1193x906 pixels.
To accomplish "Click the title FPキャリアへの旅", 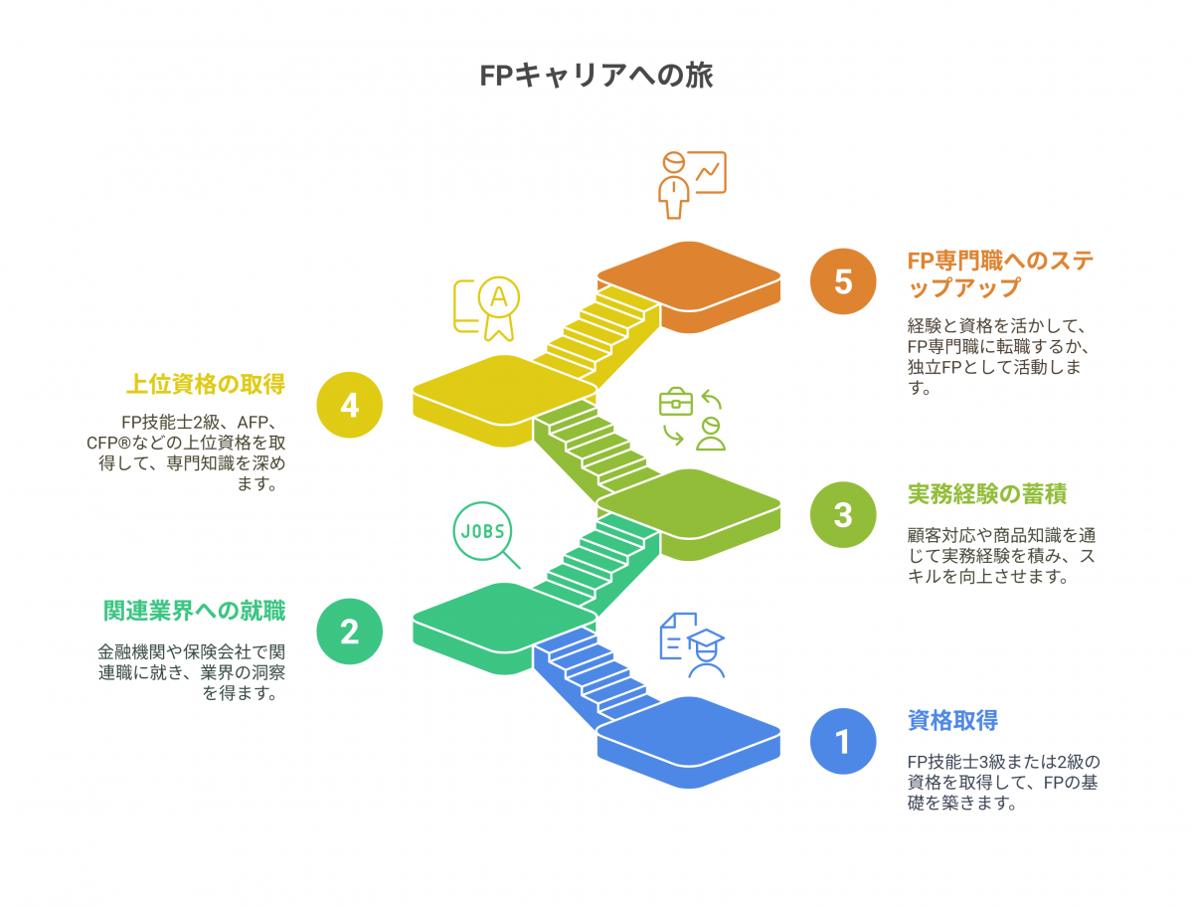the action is (x=596, y=75).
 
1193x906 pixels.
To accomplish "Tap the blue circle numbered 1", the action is (x=842, y=741).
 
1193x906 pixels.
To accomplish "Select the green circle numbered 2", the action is (x=350, y=631).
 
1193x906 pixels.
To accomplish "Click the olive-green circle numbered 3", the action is (x=842, y=514).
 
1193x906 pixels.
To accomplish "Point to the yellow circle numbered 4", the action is (x=350, y=405).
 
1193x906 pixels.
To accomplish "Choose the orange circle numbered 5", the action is (x=842, y=281).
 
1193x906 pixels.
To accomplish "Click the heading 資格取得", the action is (x=952, y=720).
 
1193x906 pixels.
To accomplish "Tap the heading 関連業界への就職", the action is (x=194, y=611).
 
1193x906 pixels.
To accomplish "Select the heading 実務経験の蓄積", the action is (x=986, y=493).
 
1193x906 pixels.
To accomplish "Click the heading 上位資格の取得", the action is (x=206, y=384).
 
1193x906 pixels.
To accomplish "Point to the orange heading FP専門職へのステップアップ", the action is (x=1000, y=273).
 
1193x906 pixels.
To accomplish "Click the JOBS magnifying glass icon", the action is (x=486, y=535).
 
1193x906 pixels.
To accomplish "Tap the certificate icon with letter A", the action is (x=486, y=309).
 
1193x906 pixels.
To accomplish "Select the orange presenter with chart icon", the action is (x=692, y=185).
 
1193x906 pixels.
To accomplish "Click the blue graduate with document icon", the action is (x=692, y=645).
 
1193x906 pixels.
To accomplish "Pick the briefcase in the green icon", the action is (x=676, y=402).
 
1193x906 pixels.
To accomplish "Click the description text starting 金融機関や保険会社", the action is (x=191, y=671).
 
